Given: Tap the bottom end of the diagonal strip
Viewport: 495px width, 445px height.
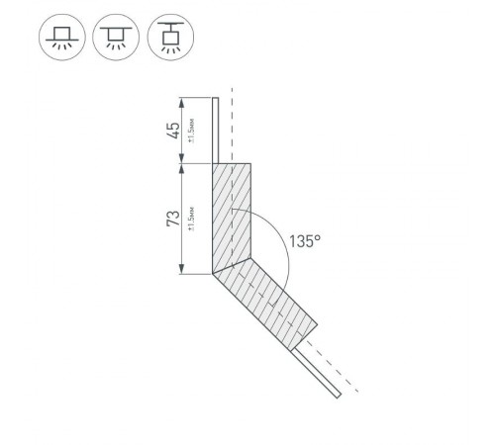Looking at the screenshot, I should [x=338, y=396].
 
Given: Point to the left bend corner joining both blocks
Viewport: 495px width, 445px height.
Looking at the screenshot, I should [x=214, y=274].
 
